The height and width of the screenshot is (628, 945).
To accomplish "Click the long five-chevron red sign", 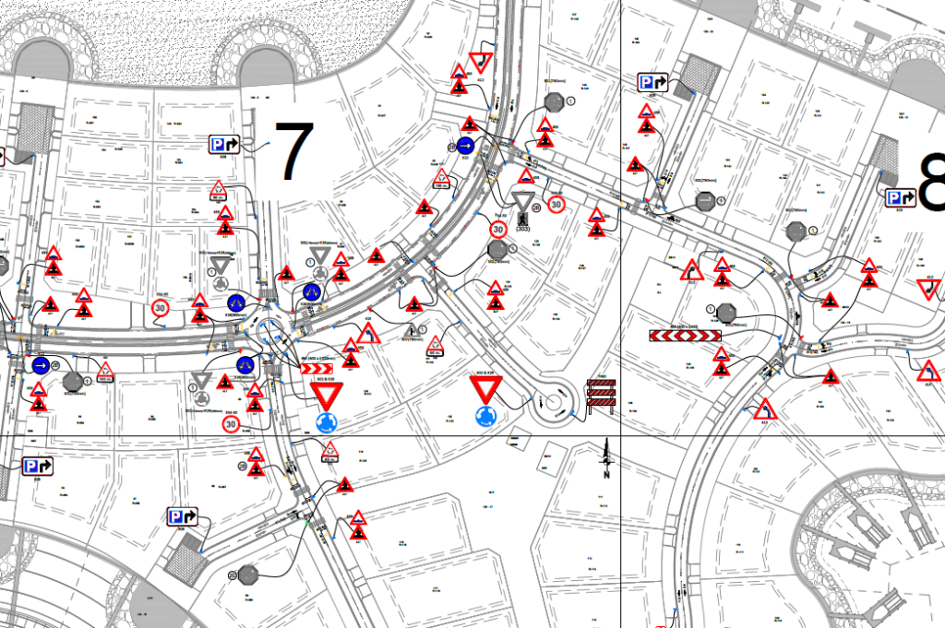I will pyautogui.click(x=685, y=336).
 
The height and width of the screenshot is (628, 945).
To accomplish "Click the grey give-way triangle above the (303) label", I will pyautogui.click(x=523, y=202).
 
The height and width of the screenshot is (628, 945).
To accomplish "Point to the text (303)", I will pyautogui.click(x=523, y=228).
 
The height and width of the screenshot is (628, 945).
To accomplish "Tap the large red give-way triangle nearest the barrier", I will pyautogui.click(x=485, y=388).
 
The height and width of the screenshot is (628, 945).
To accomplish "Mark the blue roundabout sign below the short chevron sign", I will pyautogui.click(x=326, y=422).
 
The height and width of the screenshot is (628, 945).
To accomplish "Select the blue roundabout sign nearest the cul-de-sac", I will pyautogui.click(x=485, y=416).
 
